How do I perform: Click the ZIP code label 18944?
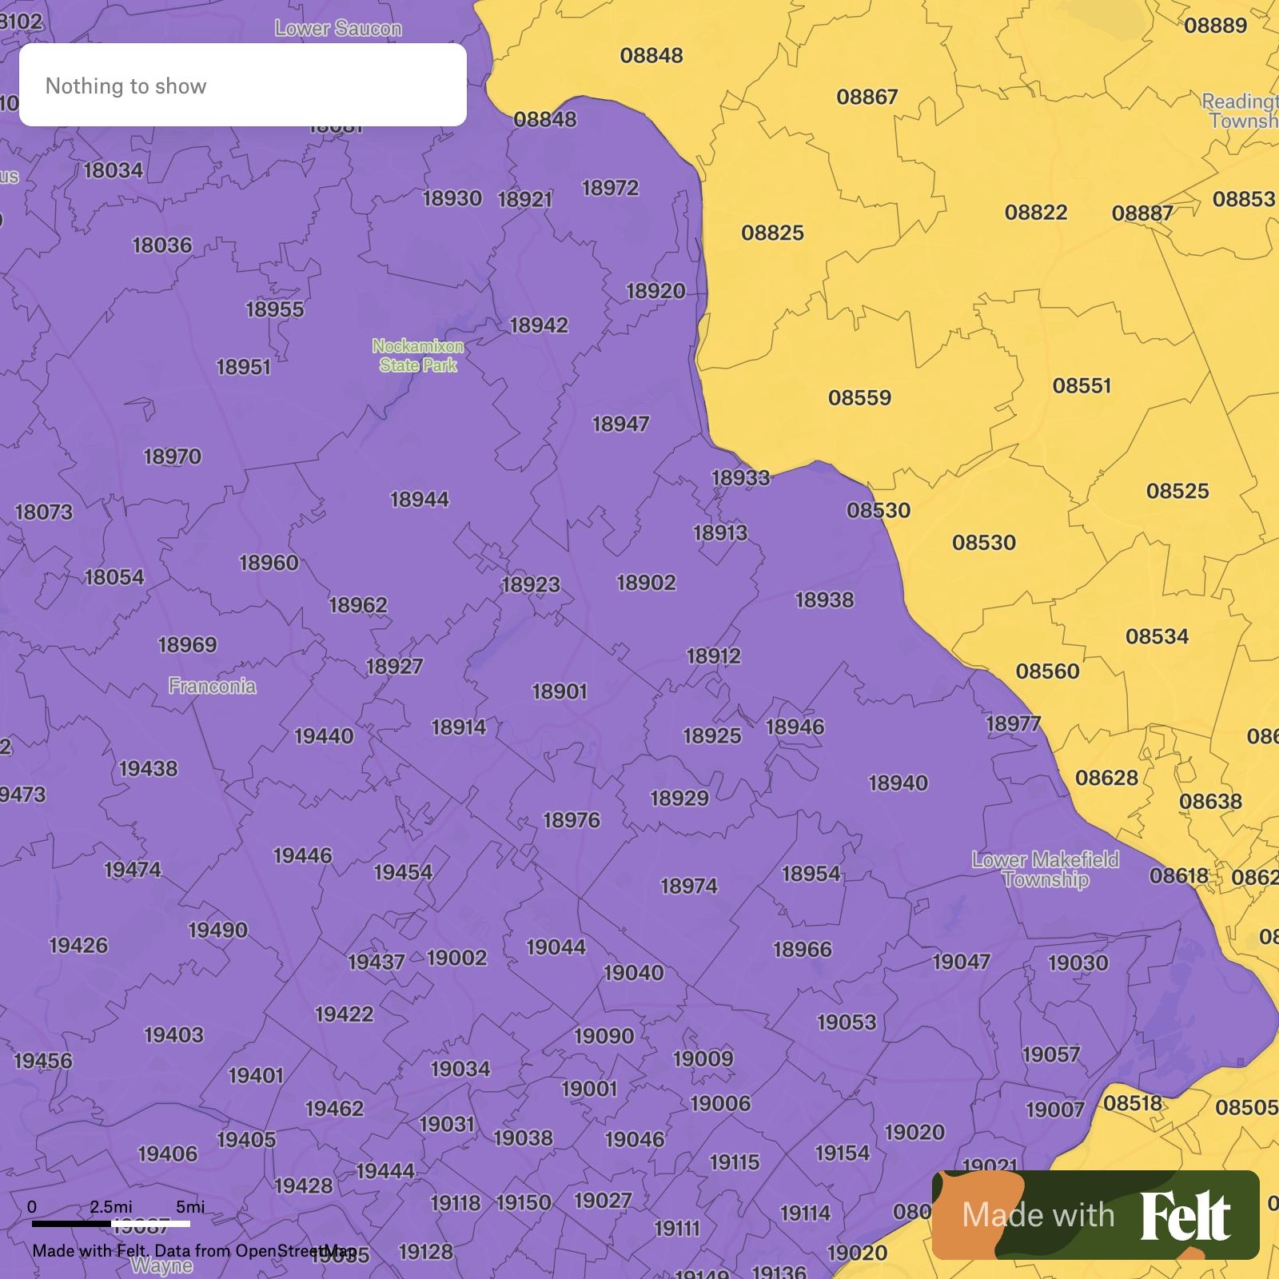click(x=420, y=500)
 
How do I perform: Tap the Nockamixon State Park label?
click(x=418, y=356)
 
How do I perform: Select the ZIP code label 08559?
click(x=859, y=397)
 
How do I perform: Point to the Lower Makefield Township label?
click(x=1046, y=870)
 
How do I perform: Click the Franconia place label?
click(x=213, y=686)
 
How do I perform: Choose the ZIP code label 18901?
click(x=560, y=691)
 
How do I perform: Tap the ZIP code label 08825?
click(x=772, y=233)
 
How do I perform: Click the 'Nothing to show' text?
click(x=126, y=86)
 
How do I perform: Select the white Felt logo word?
click(x=1185, y=1216)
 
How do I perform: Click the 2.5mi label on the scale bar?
click(x=111, y=1206)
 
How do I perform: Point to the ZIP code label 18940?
click(x=898, y=783)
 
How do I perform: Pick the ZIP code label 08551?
click(x=1082, y=385)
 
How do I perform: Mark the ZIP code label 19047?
click(x=961, y=962)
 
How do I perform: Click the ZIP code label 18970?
click(x=173, y=456)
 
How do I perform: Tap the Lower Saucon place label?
click(x=338, y=29)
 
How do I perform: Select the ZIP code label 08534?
click(x=1157, y=636)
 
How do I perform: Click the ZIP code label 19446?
click(x=302, y=855)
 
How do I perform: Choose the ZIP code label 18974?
click(x=689, y=886)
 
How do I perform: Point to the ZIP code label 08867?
click(x=867, y=97)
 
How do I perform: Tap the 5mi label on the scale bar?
click(x=190, y=1206)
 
